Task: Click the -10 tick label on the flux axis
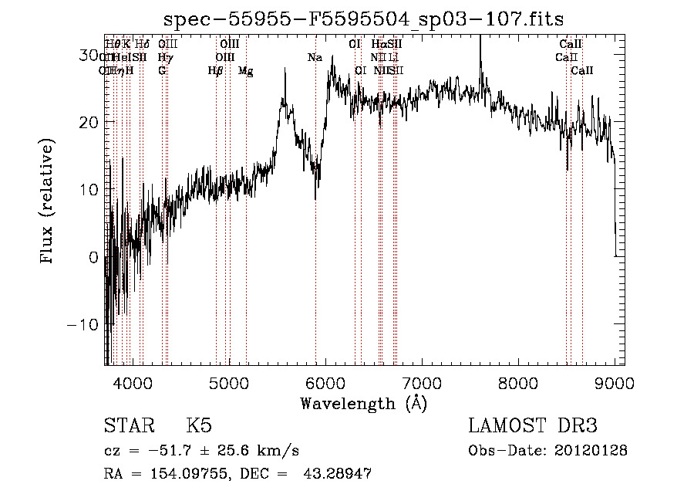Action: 83,324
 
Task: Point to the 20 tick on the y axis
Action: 88,122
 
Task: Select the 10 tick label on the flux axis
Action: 88,189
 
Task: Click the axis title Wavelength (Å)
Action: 363,403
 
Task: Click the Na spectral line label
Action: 315,58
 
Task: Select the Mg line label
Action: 245,71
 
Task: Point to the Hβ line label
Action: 215,71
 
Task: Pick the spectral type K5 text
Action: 199,426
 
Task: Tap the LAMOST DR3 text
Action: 532,426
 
